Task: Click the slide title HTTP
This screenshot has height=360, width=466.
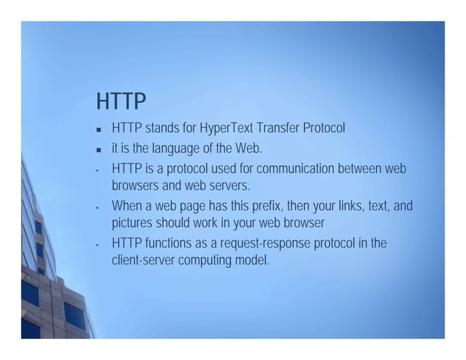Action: tap(121, 100)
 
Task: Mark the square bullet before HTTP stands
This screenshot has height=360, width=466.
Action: tap(97, 131)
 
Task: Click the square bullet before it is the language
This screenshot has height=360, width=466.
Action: tap(97, 150)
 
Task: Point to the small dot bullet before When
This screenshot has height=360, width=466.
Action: tap(97, 207)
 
